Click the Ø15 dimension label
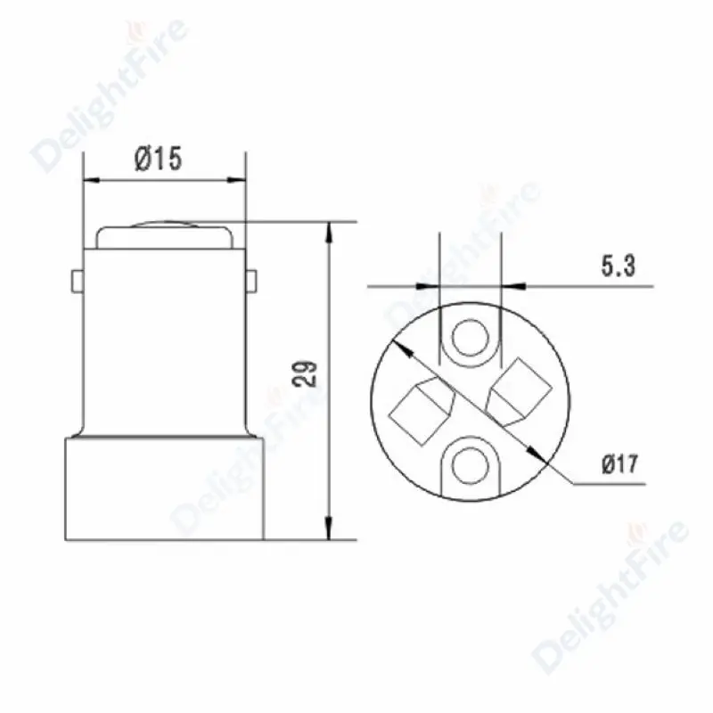tap(159, 159)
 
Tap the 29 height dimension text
tap(306, 373)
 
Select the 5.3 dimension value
tap(618, 266)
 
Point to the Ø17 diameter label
tap(620, 463)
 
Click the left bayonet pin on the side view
tap(78, 281)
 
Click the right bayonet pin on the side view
tap(251, 280)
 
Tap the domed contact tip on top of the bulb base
tap(165, 235)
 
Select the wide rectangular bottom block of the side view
tap(164, 488)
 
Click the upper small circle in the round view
tap(471, 339)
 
